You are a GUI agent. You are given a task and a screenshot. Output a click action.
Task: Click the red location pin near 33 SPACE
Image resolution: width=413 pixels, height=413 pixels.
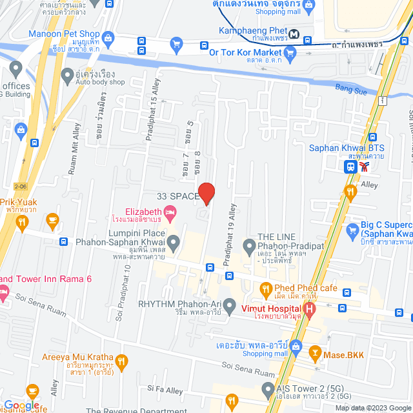click(206, 193)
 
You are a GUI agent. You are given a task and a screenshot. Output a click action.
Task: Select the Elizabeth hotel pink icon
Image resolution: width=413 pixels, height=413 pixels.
click(170, 212)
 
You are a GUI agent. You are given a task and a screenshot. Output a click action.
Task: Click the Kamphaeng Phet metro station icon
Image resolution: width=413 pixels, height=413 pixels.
click(294, 34)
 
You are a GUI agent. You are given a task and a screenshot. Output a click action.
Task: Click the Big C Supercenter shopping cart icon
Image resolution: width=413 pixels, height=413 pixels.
click(352, 230)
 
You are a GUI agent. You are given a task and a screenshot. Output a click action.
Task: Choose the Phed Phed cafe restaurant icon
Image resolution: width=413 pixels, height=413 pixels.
click(265, 288)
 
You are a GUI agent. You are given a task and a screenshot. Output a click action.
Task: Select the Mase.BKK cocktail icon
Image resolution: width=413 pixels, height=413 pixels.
click(315, 353)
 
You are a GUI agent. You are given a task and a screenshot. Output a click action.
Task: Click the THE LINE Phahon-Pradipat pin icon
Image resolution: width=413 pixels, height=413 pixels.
click(249, 245)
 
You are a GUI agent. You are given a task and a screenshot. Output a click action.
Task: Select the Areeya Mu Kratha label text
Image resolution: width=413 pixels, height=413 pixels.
click(77, 358)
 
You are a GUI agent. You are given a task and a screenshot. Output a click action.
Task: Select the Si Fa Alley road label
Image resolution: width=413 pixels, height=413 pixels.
click(165, 389)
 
